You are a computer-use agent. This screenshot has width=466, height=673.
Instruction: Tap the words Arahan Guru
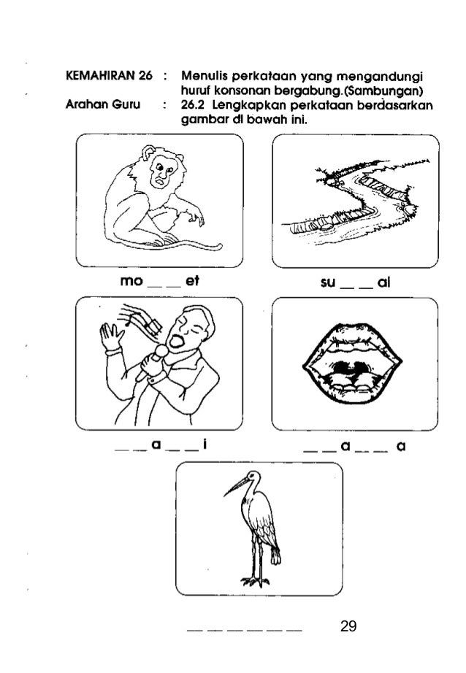coord(103,104)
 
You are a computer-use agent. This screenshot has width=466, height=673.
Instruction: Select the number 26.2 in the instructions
coord(192,104)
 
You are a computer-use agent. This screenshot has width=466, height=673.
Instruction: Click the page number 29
coord(348,626)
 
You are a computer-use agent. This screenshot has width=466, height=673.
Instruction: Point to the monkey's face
coord(161,172)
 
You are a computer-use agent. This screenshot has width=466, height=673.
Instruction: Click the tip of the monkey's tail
coord(220,247)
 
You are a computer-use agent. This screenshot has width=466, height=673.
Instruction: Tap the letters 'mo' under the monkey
coord(131,281)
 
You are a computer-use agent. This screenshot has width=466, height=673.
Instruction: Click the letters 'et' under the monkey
coord(192,281)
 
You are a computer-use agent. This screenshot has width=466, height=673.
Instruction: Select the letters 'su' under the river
coord(328,282)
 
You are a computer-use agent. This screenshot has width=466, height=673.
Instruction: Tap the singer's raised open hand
coord(111,336)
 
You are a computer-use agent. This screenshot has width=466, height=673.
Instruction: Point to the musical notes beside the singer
coord(142,319)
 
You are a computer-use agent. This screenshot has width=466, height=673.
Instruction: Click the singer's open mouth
coord(175,341)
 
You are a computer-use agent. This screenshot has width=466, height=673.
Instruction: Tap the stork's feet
coord(255,582)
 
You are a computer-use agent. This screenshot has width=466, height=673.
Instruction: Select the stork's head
coord(254,477)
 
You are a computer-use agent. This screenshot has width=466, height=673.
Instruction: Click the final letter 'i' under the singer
coord(205,444)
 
